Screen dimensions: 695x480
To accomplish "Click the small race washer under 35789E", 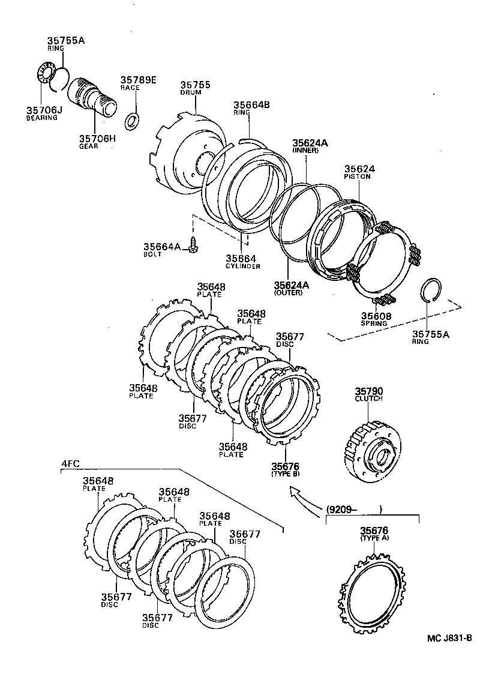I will click(x=131, y=119).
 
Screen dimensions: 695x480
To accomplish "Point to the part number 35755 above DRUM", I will click(x=195, y=85).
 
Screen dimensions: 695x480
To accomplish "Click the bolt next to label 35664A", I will click(x=192, y=244).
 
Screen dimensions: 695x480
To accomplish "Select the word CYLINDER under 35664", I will click(x=242, y=266).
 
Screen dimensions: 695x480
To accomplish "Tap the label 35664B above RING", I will click(x=251, y=105).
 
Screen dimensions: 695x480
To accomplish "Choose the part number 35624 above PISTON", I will click(x=358, y=169).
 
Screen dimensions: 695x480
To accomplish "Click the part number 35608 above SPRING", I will click(x=376, y=316).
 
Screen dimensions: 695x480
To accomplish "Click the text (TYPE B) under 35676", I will click(x=285, y=474).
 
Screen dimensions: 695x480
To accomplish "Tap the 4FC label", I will click(x=71, y=463).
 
